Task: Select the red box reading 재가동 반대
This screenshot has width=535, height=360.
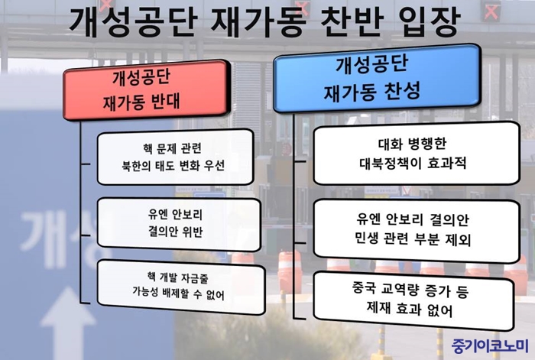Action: [146, 89]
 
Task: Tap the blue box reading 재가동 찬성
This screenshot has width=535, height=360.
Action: [377, 79]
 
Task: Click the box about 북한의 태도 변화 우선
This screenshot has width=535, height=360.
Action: [175, 157]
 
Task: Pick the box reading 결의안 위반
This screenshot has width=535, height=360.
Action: [179, 224]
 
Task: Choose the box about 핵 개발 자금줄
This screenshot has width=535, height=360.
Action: [181, 287]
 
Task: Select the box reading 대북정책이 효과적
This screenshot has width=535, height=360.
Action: [417, 154]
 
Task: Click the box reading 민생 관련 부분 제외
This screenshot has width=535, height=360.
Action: [417, 230]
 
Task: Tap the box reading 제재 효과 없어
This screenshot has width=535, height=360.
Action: [413, 300]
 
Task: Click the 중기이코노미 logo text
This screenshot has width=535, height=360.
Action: [490, 345]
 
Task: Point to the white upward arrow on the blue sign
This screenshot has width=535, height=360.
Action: [67, 323]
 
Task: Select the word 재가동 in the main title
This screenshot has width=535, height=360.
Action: [258, 21]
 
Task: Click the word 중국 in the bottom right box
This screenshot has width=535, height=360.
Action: [365, 289]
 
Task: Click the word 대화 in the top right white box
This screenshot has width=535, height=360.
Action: [391, 144]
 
